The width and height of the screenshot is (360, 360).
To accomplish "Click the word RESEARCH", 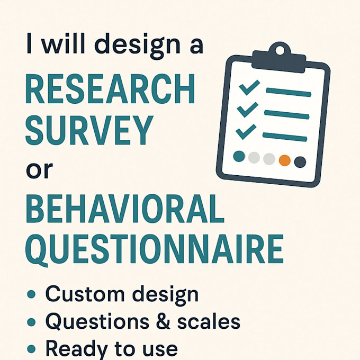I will point(110,91).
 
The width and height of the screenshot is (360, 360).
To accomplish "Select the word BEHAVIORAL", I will point(125,209).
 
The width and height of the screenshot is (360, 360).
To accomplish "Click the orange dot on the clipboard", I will point(285,160).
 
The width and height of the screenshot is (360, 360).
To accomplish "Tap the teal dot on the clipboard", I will point(239,156).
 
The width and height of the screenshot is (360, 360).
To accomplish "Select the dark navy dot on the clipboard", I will point(300,162).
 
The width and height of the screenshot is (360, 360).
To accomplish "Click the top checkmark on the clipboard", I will point(249,87).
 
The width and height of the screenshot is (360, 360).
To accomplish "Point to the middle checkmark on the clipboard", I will point(247,109).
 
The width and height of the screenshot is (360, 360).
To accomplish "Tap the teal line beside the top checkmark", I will point(288,93).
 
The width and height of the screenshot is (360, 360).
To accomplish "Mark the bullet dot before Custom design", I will point(31,294).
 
